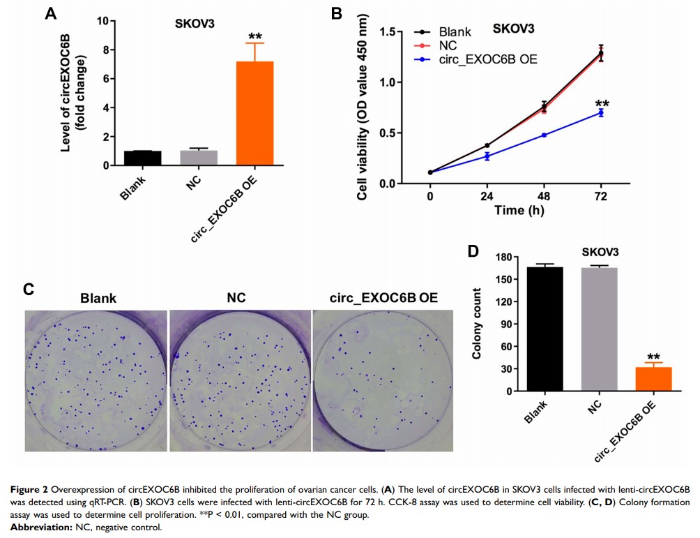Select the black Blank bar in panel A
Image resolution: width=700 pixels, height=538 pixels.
click(142, 158)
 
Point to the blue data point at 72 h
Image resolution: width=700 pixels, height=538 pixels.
click(600, 112)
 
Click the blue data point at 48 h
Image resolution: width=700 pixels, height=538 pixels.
click(544, 135)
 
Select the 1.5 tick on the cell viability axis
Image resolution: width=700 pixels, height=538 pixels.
click(396, 32)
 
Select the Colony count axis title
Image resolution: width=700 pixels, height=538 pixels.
click(478, 323)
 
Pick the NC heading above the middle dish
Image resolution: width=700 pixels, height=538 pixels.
click(238, 298)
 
